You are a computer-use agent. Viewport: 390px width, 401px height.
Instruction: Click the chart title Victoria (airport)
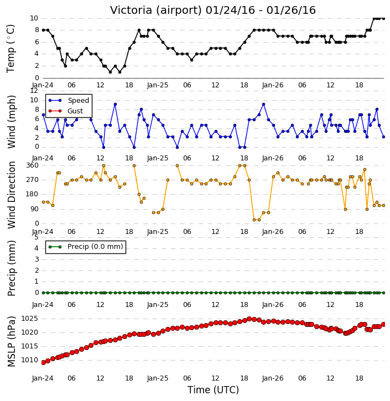click(x=156, y=11)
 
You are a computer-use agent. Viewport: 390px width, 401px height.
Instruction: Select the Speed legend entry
click(x=69, y=101)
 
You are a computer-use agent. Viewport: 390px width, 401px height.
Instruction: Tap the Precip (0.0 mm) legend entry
click(x=86, y=247)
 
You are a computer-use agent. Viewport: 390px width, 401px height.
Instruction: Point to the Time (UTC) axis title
click(x=213, y=390)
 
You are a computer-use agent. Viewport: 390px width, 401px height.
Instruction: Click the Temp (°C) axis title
click(x=11, y=49)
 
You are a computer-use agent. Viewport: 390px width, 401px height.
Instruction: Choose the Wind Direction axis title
click(x=12, y=195)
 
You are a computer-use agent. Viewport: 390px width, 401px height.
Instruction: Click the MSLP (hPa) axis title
click(x=12, y=342)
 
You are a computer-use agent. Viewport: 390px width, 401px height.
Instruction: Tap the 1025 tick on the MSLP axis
click(x=29, y=319)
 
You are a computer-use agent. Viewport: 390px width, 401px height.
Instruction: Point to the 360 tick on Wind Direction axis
click(x=33, y=165)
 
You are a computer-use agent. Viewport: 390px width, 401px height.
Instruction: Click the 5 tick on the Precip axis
click(x=37, y=237)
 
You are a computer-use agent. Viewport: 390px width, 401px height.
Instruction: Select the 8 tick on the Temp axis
click(x=37, y=30)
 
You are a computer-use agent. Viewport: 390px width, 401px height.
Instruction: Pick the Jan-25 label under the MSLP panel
click(x=158, y=378)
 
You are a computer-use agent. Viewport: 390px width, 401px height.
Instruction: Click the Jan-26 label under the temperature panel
click(x=273, y=85)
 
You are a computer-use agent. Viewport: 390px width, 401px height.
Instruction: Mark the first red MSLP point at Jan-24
click(x=43, y=363)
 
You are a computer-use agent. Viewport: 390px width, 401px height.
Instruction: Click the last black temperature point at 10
click(x=383, y=18)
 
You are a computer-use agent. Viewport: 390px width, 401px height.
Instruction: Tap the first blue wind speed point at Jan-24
click(x=43, y=115)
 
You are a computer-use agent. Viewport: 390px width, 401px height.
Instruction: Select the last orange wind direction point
click(x=383, y=206)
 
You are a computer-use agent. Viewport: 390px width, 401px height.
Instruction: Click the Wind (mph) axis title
click(x=12, y=122)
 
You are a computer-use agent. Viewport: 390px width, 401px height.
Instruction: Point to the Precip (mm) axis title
click(x=12, y=268)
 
